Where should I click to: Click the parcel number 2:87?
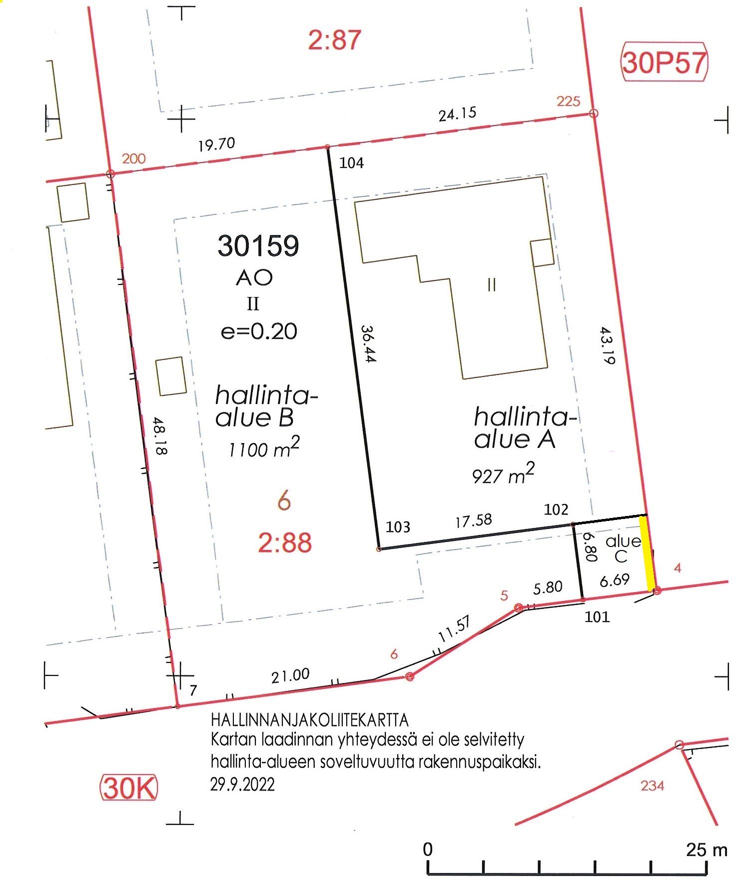(x=334, y=40)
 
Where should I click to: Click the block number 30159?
(x=258, y=245)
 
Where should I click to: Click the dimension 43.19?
(x=607, y=345)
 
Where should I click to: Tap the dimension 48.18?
(x=160, y=435)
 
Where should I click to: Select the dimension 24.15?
(x=457, y=114)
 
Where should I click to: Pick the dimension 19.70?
(x=216, y=144)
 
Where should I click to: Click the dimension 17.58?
(x=473, y=521)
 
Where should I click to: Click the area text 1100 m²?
(x=264, y=447)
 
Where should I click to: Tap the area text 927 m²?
(x=503, y=473)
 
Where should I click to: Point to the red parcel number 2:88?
(x=285, y=542)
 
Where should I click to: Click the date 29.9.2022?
(x=242, y=784)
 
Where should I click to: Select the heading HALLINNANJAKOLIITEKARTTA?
(x=310, y=720)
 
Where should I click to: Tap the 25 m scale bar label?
(x=707, y=849)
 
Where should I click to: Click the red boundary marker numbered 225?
(x=593, y=113)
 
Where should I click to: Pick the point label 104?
(x=351, y=163)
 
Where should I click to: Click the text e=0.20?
(x=259, y=331)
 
